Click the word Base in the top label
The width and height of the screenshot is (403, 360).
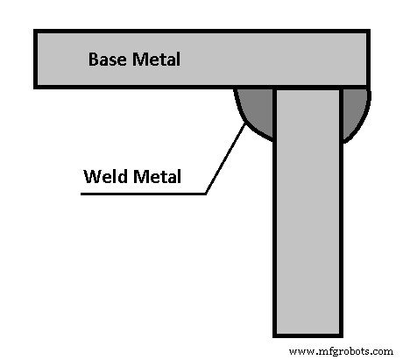pos(107,61)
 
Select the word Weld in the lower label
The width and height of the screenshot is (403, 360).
pos(103,176)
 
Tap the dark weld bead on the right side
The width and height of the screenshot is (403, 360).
pos(353,109)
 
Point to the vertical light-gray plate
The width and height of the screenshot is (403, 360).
pos(308,219)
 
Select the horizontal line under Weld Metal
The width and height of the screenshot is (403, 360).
pos(140,192)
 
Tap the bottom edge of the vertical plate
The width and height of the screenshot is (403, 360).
pos(308,335)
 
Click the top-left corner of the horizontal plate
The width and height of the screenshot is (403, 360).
pos(35,32)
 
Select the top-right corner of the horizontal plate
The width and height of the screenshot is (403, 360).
pos(368,32)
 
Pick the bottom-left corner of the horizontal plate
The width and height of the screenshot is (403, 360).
pos(35,87)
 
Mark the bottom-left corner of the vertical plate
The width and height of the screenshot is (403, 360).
pos(275,335)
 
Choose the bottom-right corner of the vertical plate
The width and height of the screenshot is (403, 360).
pos(341,335)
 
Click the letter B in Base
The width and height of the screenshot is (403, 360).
pos(92,61)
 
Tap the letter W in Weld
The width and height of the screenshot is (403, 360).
pos(90,176)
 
